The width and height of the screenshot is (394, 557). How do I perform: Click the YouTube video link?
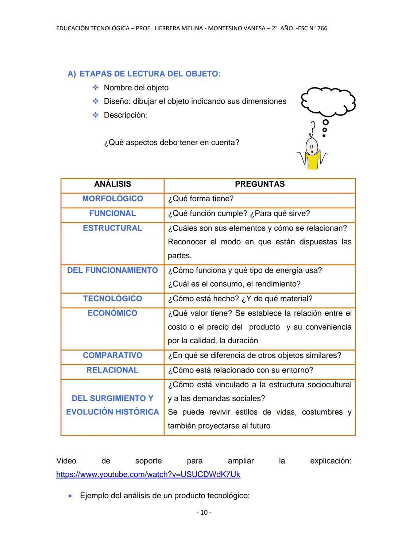click(x=148, y=475)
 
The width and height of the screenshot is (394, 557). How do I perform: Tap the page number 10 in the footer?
click(x=204, y=512)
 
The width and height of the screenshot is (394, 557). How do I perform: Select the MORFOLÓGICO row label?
click(x=112, y=199)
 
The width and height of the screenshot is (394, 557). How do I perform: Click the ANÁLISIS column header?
click(x=112, y=184)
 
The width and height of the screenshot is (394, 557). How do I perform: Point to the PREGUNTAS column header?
click(x=260, y=184)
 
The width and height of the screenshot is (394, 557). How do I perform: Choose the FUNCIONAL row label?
click(x=112, y=213)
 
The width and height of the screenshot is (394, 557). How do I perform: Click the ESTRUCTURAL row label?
click(x=112, y=228)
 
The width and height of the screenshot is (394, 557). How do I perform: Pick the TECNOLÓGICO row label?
click(x=112, y=299)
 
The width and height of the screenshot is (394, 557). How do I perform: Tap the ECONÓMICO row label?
click(x=112, y=313)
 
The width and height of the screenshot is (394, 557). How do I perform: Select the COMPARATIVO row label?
click(x=112, y=355)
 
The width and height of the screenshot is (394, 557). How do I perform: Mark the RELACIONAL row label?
click(x=112, y=370)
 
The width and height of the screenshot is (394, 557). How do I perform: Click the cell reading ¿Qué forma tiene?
click(x=201, y=199)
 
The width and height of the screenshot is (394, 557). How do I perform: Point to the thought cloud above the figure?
click(x=328, y=100)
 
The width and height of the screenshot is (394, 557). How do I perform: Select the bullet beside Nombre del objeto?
click(x=96, y=88)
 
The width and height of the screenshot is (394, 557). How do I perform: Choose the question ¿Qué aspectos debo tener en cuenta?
click(x=171, y=143)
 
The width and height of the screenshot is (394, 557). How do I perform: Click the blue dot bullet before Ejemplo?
click(x=70, y=496)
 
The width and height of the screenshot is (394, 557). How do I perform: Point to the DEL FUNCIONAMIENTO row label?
click(x=112, y=270)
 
